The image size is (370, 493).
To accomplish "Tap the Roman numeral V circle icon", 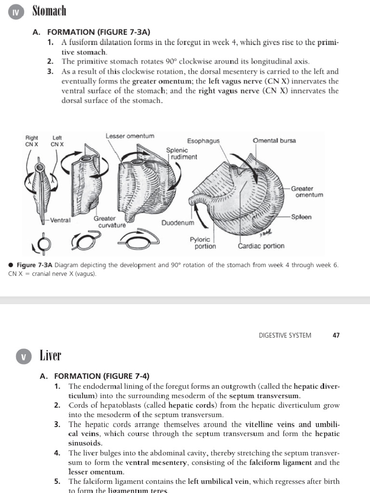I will click(23, 357).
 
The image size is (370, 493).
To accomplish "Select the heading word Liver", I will click(50, 356).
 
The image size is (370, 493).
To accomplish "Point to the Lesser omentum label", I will click(130, 136).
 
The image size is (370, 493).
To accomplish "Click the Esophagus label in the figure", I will click(203, 141).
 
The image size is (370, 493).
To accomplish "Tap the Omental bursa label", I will click(274, 141).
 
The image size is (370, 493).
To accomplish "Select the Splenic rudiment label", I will click(182, 154).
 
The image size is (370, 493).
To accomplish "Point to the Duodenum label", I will click(178, 223).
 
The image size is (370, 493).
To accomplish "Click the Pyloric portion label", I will click(203, 243).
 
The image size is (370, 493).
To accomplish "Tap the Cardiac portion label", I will click(261, 246).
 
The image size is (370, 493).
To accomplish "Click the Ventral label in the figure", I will click(60, 221).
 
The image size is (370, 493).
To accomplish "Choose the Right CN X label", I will click(32, 141).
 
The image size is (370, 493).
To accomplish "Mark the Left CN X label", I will click(57, 141).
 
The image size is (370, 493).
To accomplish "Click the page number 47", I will click(336, 336).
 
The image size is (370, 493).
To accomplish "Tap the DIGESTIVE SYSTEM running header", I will click(285, 336).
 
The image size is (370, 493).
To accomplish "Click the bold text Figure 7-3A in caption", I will click(35, 265).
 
